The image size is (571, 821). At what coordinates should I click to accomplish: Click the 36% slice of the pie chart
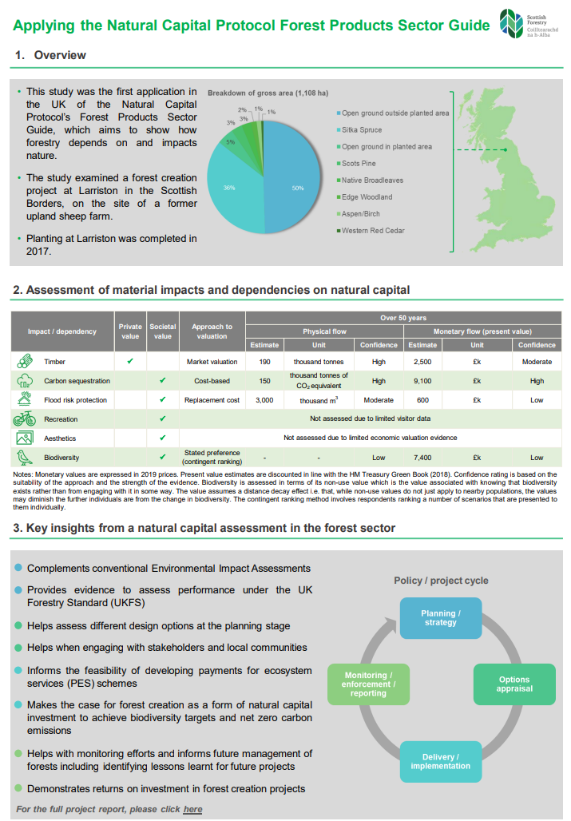232,188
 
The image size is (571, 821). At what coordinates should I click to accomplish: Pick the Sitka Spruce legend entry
361,130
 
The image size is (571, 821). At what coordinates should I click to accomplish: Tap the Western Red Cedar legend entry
373,231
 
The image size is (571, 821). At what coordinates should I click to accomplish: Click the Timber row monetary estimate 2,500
422,361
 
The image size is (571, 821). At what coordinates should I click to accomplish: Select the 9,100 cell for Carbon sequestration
422,381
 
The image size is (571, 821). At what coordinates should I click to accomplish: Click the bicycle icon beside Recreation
24,418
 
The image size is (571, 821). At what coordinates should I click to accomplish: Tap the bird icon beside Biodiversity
24,458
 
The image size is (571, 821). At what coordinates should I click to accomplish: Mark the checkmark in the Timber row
130,361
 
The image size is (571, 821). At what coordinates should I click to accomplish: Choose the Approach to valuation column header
212,331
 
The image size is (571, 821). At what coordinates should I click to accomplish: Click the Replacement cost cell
212,400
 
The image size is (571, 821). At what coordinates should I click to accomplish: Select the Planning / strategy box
441,617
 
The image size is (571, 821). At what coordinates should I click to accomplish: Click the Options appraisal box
514,684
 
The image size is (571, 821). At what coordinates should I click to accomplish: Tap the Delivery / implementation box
441,761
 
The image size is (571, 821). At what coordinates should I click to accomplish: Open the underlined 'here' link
192,809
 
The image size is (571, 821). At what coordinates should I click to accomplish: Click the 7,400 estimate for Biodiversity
422,458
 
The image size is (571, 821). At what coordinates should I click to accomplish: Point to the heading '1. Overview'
50,55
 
